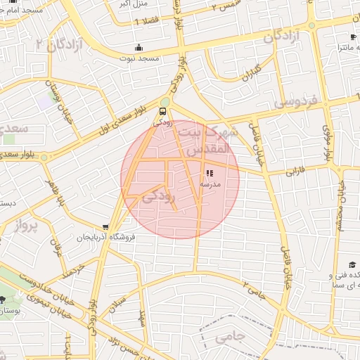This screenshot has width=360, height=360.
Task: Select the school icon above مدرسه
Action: point(209,173)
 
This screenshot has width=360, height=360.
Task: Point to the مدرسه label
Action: point(210,184)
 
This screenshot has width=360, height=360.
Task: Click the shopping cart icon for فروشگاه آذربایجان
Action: point(105,227)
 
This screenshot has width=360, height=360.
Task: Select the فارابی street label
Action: point(299,170)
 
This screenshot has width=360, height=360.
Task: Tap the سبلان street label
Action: point(118,304)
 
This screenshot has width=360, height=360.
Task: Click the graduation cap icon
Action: point(335,265)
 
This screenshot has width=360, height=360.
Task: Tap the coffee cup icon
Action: point(352,37)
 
